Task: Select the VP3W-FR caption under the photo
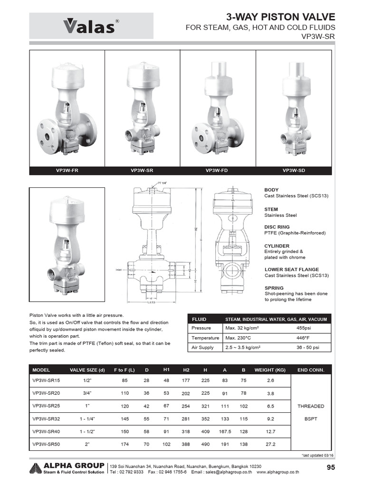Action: pos(67,170)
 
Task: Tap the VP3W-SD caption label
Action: pos(293,170)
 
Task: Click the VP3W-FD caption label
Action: pos(217,170)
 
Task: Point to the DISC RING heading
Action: pos(277,227)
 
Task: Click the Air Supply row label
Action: pos(203,348)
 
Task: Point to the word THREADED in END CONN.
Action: pos(311,406)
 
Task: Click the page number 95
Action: pos(331,468)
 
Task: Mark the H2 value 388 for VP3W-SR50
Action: pos(186,444)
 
